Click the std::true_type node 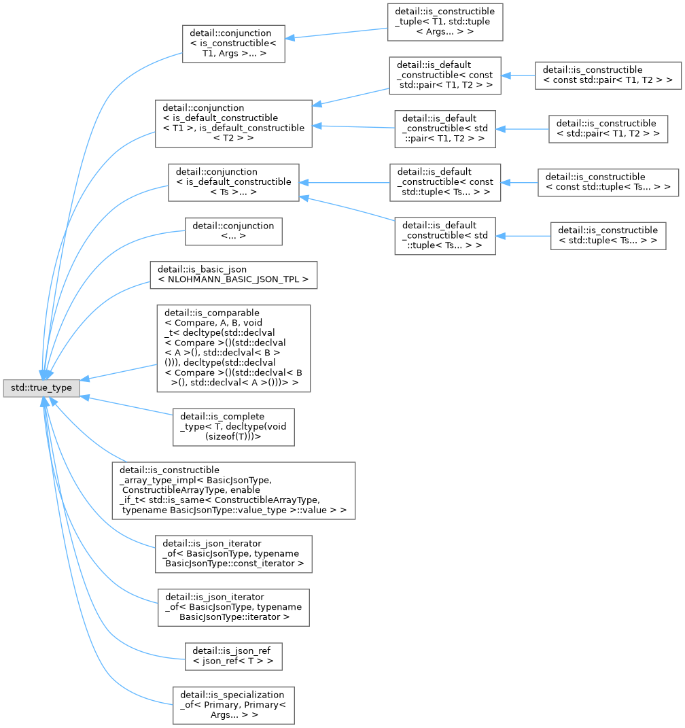click(41, 388)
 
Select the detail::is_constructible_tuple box click(445, 22)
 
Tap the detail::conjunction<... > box click(234, 231)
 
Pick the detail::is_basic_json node click(234, 275)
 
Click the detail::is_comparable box click(234, 348)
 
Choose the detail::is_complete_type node click(234, 427)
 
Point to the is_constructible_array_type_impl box click(234, 491)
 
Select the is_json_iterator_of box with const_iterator click(234, 554)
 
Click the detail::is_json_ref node click(234, 657)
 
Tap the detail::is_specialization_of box click(234, 706)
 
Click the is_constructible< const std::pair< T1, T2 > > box click(608, 75)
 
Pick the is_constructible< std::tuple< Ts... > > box click(608, 236)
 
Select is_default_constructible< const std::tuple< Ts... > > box click(445, 182)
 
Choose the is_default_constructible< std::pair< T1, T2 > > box click(445, 129)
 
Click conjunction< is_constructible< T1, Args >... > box click(234, 44)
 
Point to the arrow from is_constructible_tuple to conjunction click(336, 33)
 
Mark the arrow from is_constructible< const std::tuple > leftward click(519, 182)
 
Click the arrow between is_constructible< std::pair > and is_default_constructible click(522, 129)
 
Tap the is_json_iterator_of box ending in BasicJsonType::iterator click(234, 607)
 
